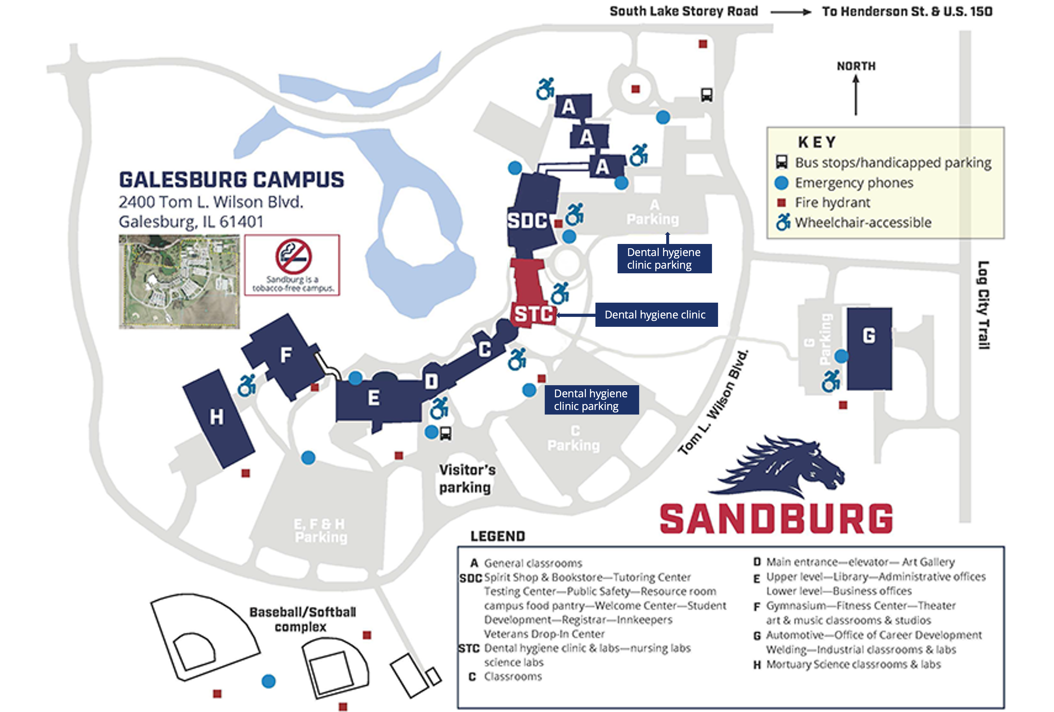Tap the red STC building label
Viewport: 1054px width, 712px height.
533,314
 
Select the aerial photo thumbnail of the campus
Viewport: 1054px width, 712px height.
179,281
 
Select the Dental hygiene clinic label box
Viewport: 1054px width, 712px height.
656,314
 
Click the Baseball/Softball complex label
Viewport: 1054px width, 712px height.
302,619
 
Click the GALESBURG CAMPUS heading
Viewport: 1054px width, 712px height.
231,180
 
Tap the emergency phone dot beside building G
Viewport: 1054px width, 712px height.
841,356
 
